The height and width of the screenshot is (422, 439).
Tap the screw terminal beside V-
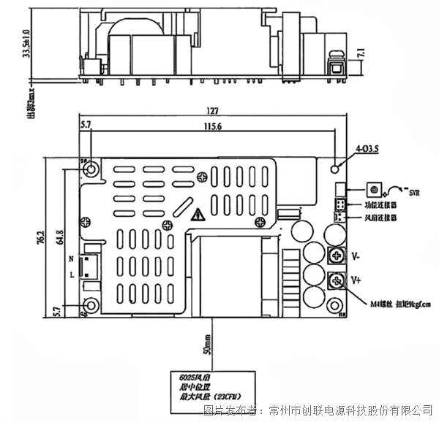point(337,256)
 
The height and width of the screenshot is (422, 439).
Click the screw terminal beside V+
point(337,280)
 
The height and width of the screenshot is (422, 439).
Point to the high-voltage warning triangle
point(198,215)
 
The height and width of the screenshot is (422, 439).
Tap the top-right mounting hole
point(336,168)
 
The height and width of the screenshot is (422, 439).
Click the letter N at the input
point(71,259)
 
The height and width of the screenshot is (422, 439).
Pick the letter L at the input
point(71,275)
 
